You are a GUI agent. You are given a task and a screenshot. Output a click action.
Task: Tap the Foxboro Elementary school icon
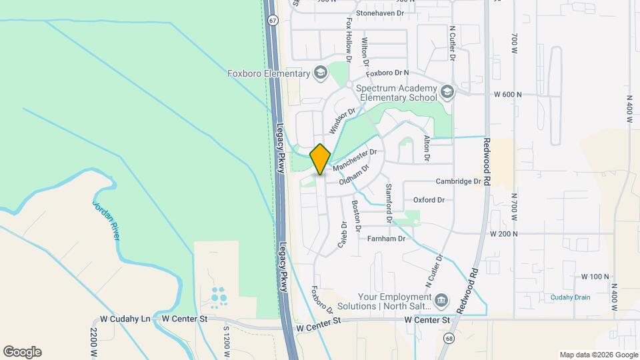(321, 71)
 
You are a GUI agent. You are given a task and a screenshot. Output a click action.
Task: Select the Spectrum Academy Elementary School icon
(447, 91)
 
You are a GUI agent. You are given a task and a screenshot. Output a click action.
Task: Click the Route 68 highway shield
(444, 339)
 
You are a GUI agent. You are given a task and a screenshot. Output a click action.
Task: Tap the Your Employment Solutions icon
(441, 301)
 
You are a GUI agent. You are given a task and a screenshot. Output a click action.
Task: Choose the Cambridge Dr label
(459, 181)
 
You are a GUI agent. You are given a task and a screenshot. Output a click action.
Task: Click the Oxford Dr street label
(429, 200)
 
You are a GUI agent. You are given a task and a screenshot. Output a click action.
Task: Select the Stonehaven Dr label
(381, 13)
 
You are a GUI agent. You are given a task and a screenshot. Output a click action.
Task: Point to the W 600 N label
(508, 95)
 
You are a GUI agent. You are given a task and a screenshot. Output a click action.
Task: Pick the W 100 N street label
(595, 276)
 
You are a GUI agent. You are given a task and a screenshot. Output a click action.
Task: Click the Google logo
(22, 352)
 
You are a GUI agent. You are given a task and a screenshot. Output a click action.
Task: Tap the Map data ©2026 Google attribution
(598, 355)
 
